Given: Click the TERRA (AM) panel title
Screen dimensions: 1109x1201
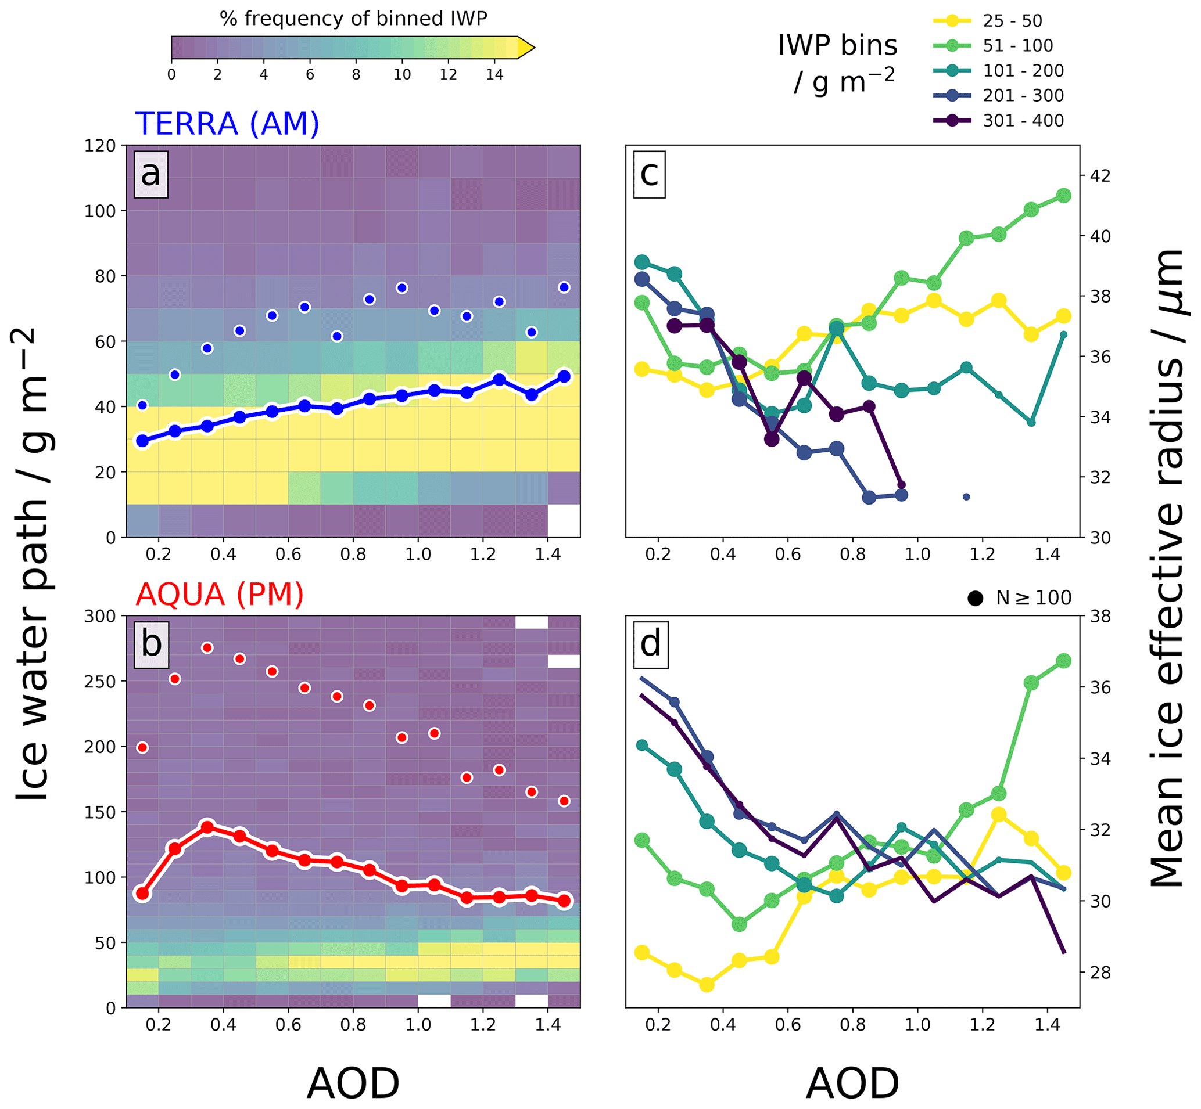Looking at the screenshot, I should (x=227, y=124).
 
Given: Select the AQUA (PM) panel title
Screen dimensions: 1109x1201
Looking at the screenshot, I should (x=219, y=595).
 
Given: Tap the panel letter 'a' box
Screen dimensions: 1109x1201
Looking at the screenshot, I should (x=150, y=174).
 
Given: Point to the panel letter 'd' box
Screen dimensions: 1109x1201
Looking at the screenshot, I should (x=651, y=644).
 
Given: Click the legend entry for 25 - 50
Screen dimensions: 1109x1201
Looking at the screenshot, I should (x=1012, y=21).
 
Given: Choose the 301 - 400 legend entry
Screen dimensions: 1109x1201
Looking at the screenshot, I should (x=1023, y=121).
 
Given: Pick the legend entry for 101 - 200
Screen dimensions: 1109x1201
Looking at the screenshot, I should (x=1023, y=71).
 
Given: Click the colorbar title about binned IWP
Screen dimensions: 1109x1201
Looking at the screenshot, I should (x=353, y=19).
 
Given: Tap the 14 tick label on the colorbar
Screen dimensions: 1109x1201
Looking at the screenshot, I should (x=494, y=75).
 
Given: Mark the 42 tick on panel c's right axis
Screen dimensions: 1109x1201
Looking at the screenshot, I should (x=1100, y=176).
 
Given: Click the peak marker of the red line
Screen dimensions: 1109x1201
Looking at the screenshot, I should (x=208, y=827).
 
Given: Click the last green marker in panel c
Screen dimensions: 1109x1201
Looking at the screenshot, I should (x=1063, y=196).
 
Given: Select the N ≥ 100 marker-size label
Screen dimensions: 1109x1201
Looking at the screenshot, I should (x=1033, y=598).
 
